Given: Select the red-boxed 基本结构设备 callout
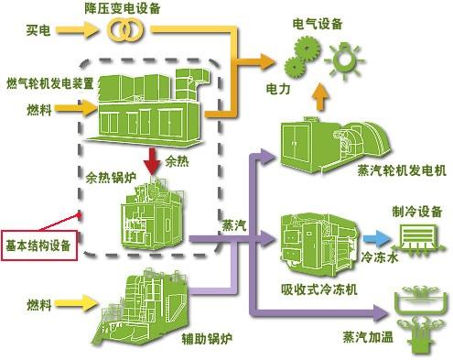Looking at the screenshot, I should [x=39, y=245].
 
